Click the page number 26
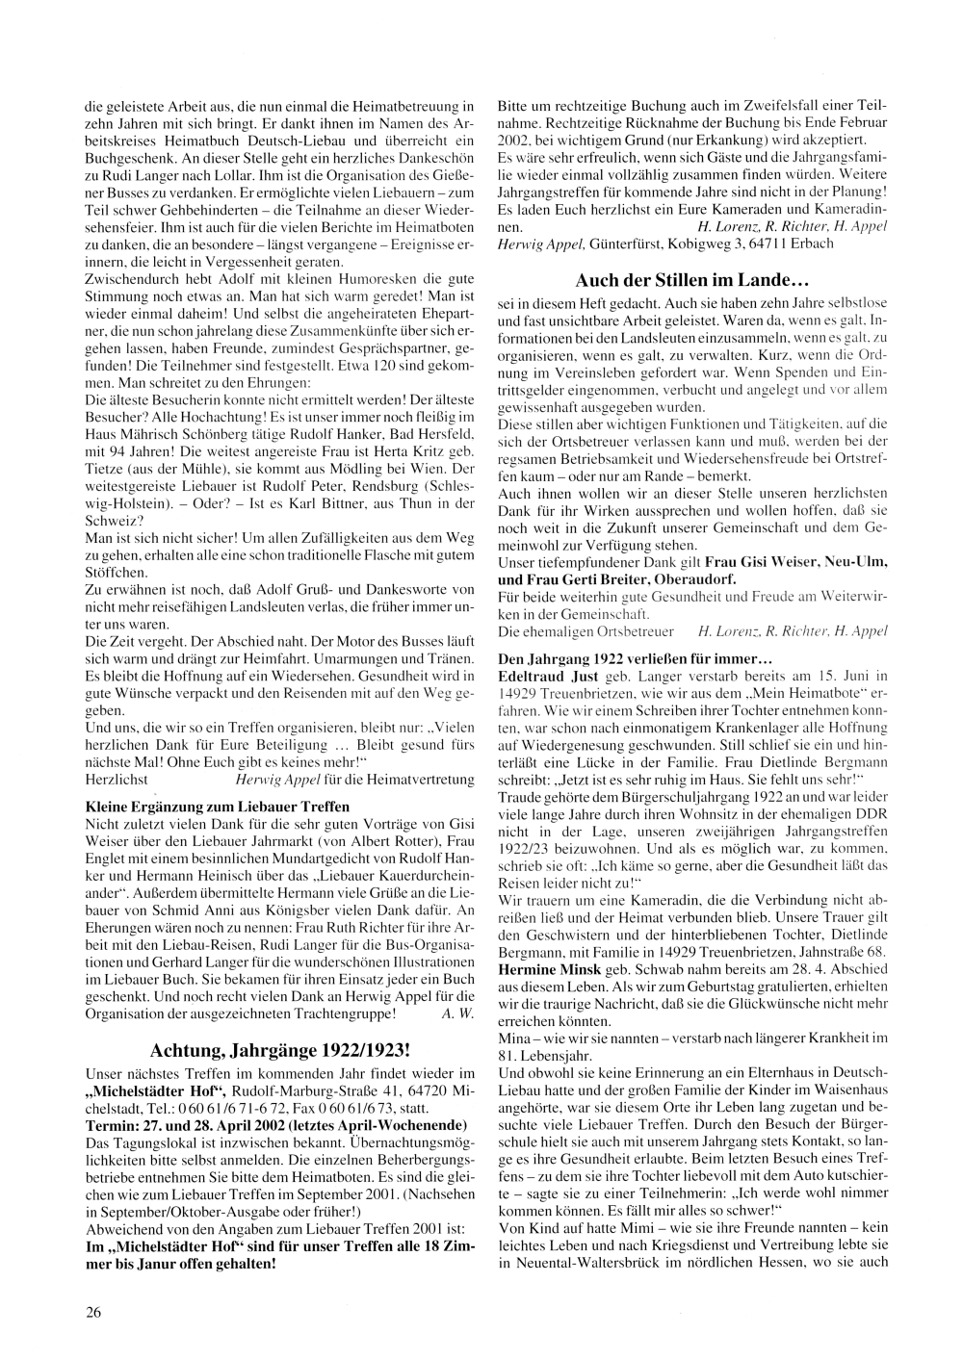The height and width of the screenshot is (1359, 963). tap(94, 1311)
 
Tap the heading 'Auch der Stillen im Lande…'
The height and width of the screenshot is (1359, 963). tap(690, 281)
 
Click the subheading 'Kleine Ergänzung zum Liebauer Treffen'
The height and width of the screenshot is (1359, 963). tap(218, 806)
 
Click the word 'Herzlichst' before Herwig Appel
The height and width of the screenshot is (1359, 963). tap(116, 779)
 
